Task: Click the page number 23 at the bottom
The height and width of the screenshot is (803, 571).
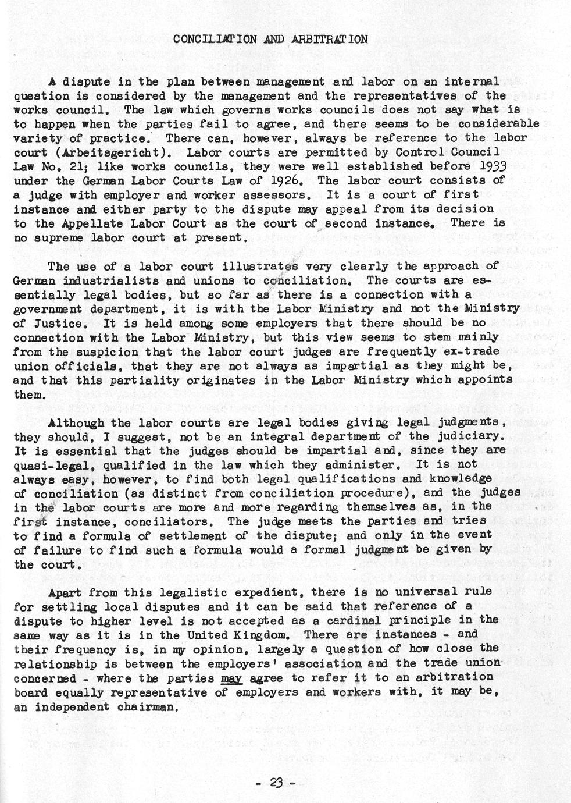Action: click(276, 783)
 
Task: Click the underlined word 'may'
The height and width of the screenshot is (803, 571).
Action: click(232, 677)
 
